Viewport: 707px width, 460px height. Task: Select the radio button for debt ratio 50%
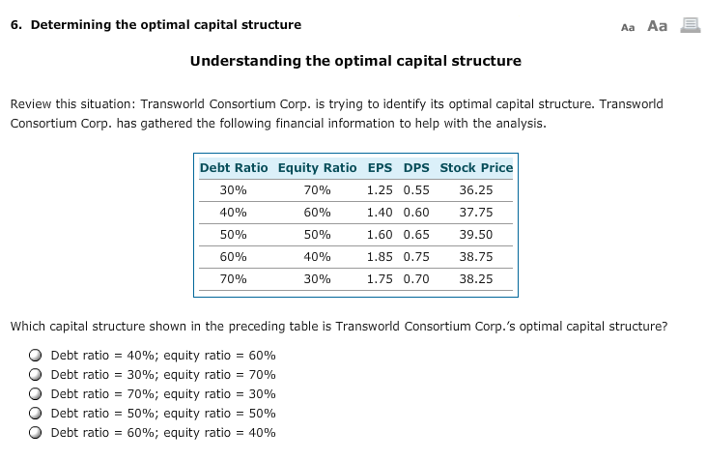pos(36,414)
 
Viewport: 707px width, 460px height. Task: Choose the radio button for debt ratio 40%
pos(36,356)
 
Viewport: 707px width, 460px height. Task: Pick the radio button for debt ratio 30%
pos(36,375)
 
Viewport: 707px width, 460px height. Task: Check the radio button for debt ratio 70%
pos(36,394)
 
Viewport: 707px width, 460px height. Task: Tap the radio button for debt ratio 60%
pos(36,433)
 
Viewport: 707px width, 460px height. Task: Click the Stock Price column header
pos(476,167)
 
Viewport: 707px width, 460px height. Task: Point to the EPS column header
pos(380,167)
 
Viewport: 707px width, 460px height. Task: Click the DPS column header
pos(416,167)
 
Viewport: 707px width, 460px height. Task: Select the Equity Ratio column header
pos(317,167)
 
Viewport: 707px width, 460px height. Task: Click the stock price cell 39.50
pos(476,235)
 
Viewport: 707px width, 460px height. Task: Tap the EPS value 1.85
pos(380,257)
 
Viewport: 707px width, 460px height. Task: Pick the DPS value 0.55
pos(416,190)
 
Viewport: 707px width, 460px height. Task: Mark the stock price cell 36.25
pos(476,190)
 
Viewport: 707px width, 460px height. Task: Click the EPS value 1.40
pos(380,213)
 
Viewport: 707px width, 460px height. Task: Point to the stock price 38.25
pos(476,278)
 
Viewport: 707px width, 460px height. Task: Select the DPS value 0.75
pos(416,257)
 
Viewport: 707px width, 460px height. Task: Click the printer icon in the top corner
pos(690,26)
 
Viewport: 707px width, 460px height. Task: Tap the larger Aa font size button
pos(657,26)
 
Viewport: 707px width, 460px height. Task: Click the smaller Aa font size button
pos(628,27)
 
